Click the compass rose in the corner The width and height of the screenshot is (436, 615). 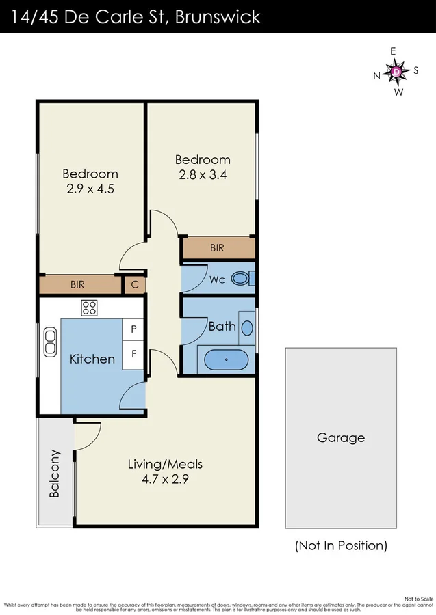pos(396,71)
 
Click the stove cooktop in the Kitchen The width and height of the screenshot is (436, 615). pos(89,307)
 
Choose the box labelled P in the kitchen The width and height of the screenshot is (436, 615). pos(133,329)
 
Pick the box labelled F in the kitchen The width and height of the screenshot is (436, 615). pos(133,355)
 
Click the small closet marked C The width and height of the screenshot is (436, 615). pos(135,284)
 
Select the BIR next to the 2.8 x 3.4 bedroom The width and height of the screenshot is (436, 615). pos(217,249)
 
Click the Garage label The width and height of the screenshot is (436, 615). pos(340,438)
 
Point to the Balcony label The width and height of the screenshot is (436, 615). pos(55,473)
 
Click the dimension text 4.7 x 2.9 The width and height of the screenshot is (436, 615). pos(165,479)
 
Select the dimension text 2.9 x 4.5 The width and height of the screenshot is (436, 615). pos(90,189)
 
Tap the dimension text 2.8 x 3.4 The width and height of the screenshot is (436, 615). pos(203,174)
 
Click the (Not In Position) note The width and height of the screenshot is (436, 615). pos(341,545)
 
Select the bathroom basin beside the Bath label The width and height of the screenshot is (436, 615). pos(247,327)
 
